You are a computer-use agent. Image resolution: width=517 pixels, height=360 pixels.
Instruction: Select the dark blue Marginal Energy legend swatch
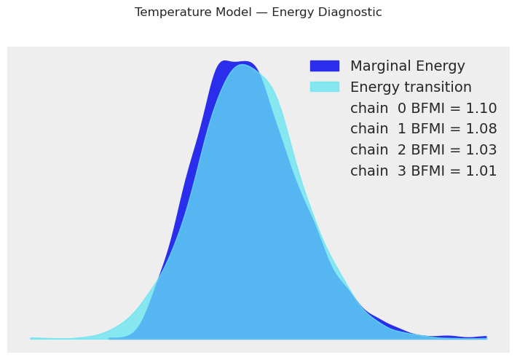coord(324,66)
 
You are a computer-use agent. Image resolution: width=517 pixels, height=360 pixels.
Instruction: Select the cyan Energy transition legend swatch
coord(324,87)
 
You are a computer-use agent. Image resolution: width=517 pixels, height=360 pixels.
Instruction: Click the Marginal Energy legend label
coord(407,66)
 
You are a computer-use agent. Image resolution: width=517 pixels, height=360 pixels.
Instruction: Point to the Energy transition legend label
coord(411,87)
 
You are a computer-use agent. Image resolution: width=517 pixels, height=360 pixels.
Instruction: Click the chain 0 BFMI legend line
coord(423,109)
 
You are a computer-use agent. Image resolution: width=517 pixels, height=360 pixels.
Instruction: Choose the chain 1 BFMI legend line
coord(423,130)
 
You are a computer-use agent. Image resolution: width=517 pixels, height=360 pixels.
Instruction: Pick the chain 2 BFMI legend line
coord(423,150)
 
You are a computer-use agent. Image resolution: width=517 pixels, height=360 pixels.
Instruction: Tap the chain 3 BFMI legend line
coord(423,171)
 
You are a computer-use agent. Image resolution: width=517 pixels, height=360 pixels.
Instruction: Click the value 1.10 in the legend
coord(481,109)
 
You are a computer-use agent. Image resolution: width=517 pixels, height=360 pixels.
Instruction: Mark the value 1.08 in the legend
coord(481,130)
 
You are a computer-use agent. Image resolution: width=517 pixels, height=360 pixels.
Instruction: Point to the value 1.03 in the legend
coord(481,150)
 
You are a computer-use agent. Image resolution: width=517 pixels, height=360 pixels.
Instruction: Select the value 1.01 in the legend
coord(481,171)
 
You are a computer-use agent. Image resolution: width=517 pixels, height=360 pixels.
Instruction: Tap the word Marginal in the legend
coord(379,66)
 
